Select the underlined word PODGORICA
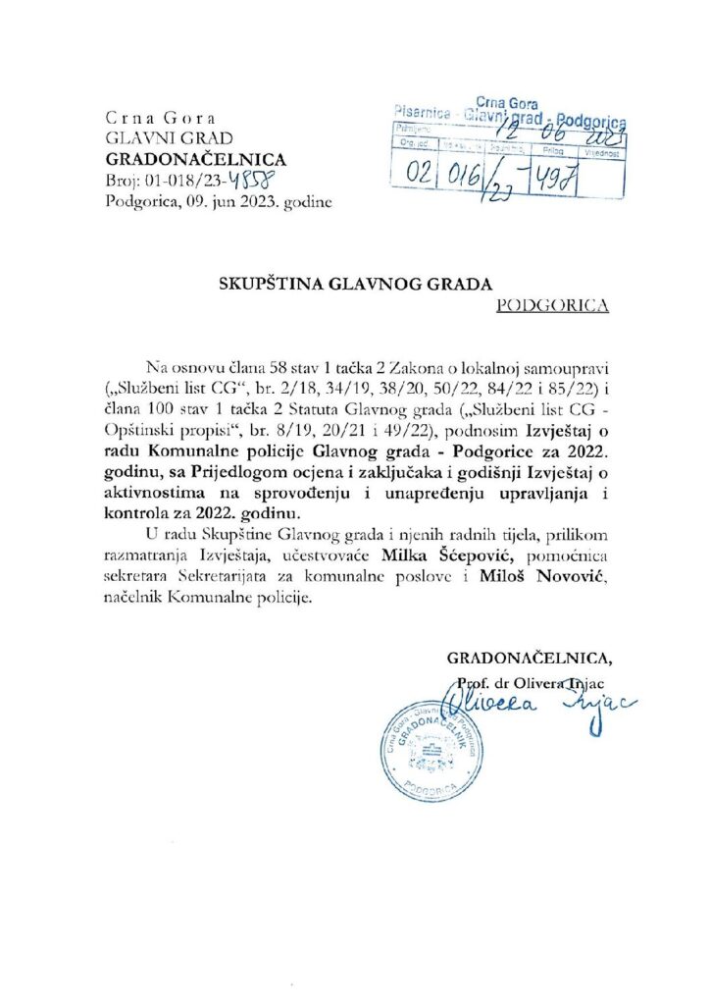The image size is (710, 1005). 553,305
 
